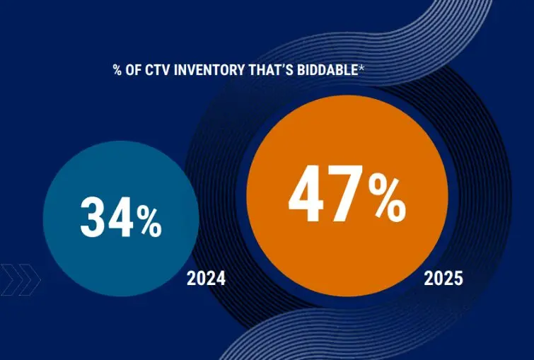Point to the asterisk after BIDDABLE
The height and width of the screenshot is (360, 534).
[361, 69]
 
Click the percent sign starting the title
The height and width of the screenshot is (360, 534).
[117, 70]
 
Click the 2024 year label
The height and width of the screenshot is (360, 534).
[206, 278]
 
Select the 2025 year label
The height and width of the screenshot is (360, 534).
[443, 278]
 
